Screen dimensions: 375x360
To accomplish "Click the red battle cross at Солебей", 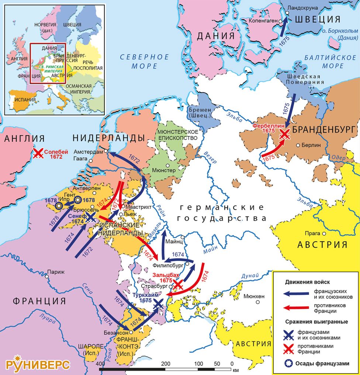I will (x=38, y=154).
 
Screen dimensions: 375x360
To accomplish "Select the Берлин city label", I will (x=310, y=145).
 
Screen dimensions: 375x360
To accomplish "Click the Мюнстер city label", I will (x=164, y=170).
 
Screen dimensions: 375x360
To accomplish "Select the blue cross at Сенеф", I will (x=90, y=218).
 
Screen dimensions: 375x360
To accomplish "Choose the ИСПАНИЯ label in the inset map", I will (x=25, y=99).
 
